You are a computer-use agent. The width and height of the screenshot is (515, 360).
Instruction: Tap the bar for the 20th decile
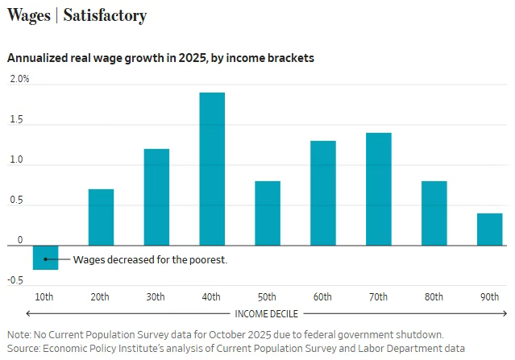click(x=101, y=217)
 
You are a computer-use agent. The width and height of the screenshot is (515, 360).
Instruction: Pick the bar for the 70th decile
click(x=379, y=189)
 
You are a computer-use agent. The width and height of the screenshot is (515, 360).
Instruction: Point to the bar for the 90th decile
click(x=489, y=230)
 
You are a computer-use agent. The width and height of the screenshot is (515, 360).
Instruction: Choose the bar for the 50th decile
click(x=268, y=213)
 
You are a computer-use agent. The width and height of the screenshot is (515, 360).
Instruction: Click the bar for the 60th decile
click(x=323, y=193)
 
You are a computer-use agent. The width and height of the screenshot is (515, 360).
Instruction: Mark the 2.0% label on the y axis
click(x=19, y=79)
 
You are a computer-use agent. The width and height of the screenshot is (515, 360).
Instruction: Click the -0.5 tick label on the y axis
click(x=15, y=280)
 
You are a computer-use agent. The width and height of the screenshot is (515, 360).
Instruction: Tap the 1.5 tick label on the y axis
click(x=18, y=121)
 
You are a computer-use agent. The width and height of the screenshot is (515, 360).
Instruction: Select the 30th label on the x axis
click(x=156, y=296)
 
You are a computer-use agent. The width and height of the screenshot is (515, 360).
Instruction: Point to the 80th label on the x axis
click(x=434, y=296)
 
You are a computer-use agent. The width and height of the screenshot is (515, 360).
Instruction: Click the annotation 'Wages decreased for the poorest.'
click(x=150, y=259)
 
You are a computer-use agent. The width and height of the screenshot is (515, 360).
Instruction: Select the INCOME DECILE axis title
click(x=268, y=312)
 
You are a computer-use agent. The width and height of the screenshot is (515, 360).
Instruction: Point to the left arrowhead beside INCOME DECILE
click(x=29, y=312)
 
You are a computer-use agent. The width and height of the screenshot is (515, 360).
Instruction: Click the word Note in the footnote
click(x=19, y=334)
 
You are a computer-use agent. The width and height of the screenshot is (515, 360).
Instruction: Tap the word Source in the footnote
click(x=24, y=348)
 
